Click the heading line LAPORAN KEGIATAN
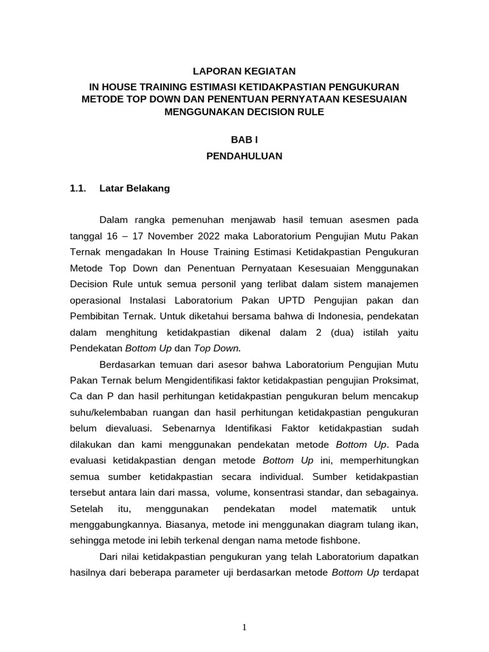[244, 72]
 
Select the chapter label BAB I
[244, 139]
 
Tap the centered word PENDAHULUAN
[244, 155]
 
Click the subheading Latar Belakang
[135, 188]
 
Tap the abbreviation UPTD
[287, 299]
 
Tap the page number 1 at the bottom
[244, 627]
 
